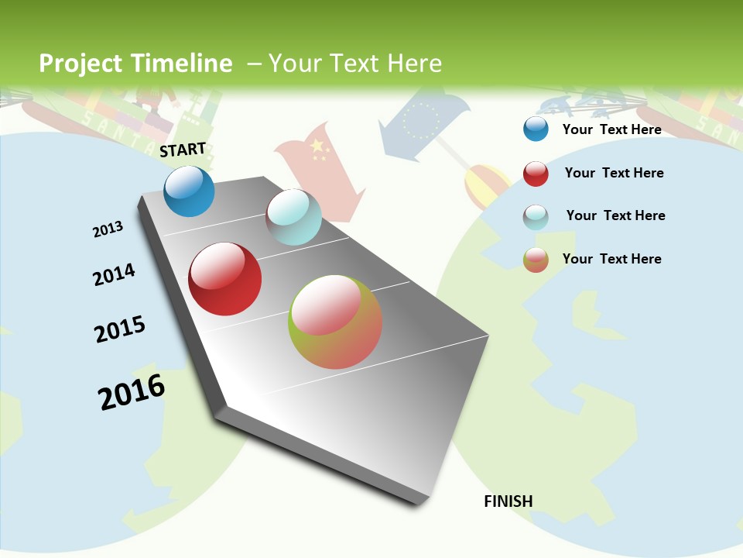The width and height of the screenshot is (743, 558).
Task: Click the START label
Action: [183, 150]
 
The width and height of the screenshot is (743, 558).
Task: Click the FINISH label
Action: [508, 501]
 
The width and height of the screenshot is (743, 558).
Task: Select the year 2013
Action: [108, 229]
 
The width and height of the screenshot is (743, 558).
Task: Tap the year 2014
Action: [114, 274]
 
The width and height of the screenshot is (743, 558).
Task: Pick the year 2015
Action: [120, 329]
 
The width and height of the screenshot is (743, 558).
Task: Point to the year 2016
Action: [132, 392]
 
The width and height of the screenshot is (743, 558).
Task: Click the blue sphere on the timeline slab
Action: [189, 191]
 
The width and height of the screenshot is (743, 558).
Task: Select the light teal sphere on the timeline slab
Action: [293, 217]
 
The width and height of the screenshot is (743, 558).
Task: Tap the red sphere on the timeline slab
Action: [225, 279]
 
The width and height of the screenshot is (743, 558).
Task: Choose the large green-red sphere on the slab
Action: [335, 322]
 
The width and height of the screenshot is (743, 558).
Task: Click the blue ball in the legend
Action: [536, 129]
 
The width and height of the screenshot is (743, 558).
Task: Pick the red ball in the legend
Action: [536, 174]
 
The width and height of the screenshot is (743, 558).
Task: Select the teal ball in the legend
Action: [536, 217]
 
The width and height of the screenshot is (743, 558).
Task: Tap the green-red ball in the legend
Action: [536, 260]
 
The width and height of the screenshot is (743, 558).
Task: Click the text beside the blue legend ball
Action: [611, 129]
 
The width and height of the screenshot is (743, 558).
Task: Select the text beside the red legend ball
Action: [614, 173]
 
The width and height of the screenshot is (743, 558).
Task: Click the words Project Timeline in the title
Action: [135, 64]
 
